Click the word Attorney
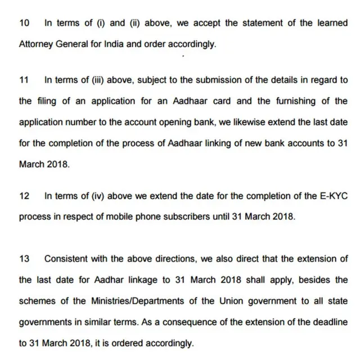click(34, 44)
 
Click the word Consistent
click(67, 259)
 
